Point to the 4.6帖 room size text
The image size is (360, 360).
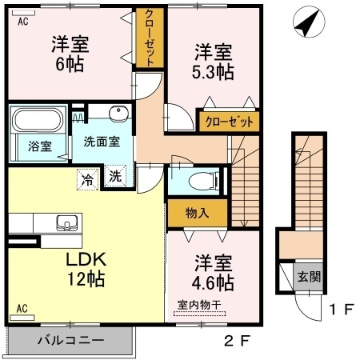(213, 282)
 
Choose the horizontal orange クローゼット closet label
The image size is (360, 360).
(229, 122)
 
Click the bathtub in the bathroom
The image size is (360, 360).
(38, 122)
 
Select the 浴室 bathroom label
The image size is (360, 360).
(39, 146)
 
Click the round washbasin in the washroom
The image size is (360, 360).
(120, 113)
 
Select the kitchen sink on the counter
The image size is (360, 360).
(64, 222)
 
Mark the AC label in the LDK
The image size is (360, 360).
(22, 307)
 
